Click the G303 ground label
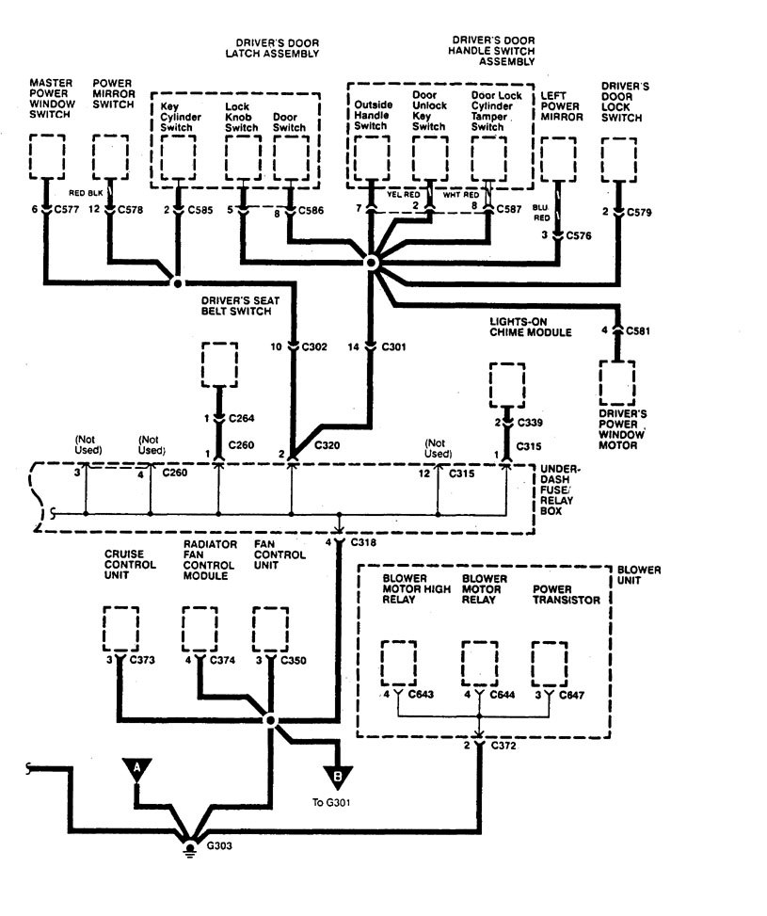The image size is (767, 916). point(218,845)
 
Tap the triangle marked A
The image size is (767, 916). point(137,768)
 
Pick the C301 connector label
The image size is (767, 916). point(393,347)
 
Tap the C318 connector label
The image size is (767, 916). point(363,543)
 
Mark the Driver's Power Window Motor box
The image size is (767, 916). point(617,383)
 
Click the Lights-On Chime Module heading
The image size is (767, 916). point(530,327)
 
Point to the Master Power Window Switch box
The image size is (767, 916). point(46,157)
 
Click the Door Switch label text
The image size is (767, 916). point(288,118)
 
